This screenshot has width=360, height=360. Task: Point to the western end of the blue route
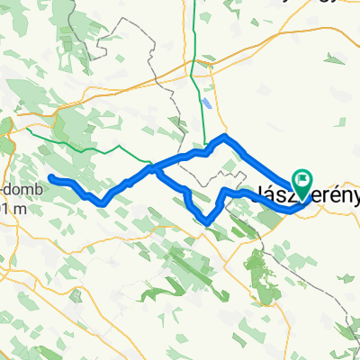tap(51, 176)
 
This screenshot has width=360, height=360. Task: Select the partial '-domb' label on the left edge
tap(15, 191)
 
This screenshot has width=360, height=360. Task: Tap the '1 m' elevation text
tap(8, 208)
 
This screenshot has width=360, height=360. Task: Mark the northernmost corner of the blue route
tap(225, 136)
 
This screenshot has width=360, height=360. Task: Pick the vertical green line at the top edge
tap(195, 27)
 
